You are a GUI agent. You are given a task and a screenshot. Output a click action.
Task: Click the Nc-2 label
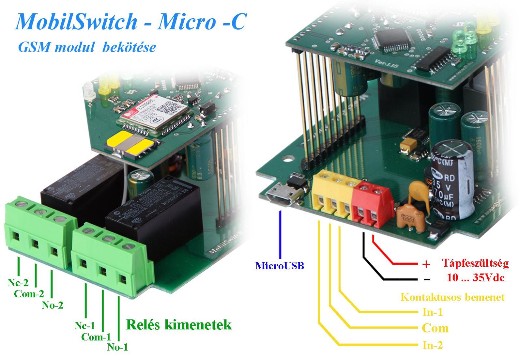pos(18,283)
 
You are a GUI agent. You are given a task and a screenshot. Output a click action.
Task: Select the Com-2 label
pos(29,294)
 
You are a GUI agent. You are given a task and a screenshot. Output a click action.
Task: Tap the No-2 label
pos(53,305)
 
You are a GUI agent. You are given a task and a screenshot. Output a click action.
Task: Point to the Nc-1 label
pos(85,325)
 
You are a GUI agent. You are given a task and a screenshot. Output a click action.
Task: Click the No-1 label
pos(117,347)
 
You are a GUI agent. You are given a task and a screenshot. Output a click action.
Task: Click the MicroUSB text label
pos(280,266)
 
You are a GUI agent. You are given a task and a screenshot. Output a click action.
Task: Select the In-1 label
pos(432,312)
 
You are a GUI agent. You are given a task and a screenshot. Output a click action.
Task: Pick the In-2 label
pos(432,345)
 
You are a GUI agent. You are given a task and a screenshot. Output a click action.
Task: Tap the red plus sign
pos(426,264)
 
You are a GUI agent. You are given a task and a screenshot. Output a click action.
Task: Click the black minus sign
pos(426,280)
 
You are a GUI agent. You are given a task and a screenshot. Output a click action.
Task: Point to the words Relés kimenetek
pos(179,325)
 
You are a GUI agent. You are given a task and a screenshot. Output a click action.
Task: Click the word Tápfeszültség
pos(475,263)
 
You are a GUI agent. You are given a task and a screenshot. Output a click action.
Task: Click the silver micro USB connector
pos(282,195)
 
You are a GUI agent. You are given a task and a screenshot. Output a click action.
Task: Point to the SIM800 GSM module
pos(153,115)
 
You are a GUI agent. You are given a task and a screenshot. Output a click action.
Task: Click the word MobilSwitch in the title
pos(76,22)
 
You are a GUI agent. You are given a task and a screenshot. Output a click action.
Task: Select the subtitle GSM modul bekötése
pos(87,47)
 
